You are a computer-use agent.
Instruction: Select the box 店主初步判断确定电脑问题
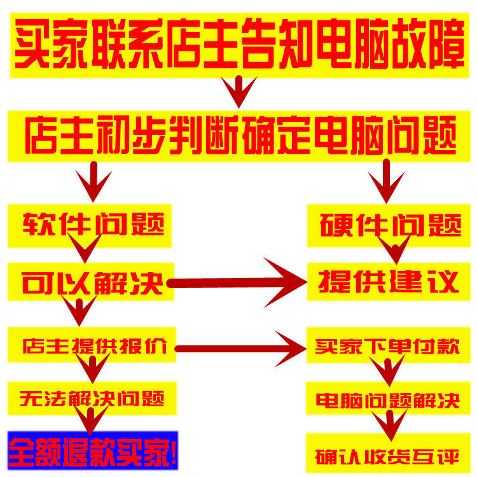tap(238, 135)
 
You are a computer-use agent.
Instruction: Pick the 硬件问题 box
tap(391, 225)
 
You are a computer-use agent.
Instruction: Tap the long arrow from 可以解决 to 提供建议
tap(242, 282)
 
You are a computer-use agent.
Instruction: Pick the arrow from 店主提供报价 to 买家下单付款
tap(242, 347)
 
